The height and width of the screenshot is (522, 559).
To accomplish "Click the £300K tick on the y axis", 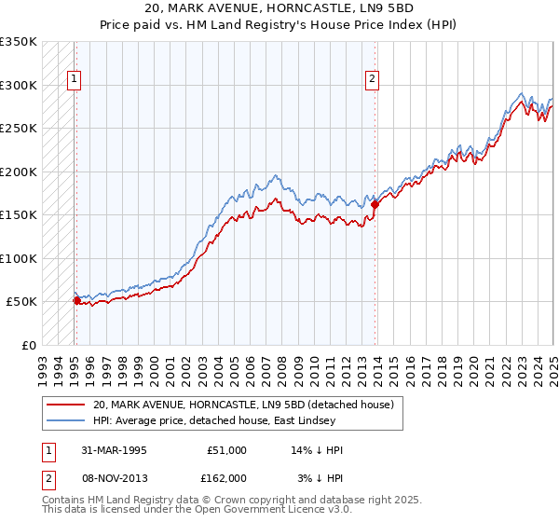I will point(19,85).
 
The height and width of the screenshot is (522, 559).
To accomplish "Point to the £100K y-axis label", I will point(19,258).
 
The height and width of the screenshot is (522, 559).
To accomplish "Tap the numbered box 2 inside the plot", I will point(372,80).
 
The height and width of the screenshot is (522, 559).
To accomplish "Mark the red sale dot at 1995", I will point(76,300).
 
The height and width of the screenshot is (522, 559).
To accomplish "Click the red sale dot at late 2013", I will point(375,204).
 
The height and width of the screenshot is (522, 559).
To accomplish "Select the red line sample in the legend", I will point(65,405).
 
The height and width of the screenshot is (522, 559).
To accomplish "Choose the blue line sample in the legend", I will point(65,420).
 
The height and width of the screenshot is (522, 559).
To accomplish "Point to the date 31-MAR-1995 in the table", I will point(108,450).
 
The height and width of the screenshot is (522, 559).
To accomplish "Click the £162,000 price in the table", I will point(227,477).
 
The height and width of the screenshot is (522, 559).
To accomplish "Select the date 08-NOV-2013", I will point(108,477).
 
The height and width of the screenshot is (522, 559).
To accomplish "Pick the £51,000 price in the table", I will point(227,450).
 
